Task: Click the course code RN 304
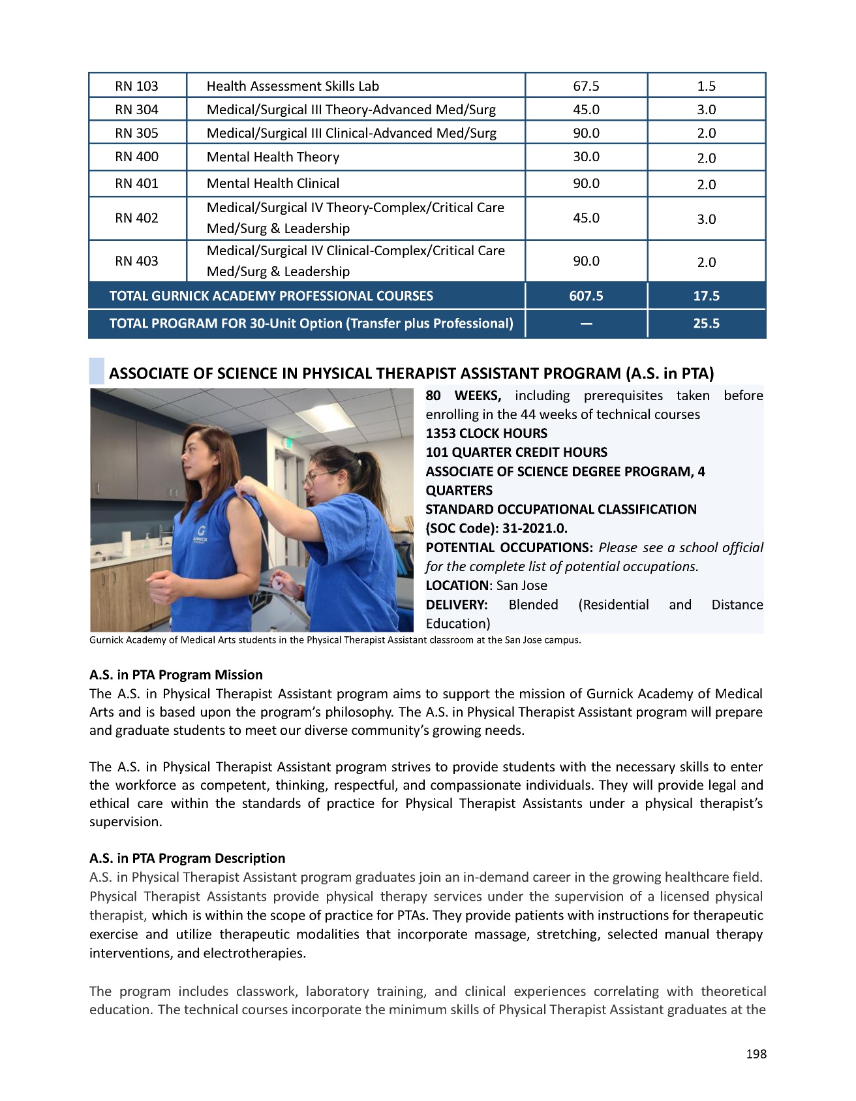pyautogui.click(x=136, y=110)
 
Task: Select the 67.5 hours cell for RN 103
pyautogui.click(x=586, y=86)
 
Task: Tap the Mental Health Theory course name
pyautogui.click(x=273, y=157)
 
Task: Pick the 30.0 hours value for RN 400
pyautogui.click(x=586, y=157)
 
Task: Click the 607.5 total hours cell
pyautogui.click(x=586, y=296)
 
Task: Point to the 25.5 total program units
pyautogui.click(x=706, y=324)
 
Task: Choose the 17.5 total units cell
pyautogui.click(x=706, y=296)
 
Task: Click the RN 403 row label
pyautogui.click(x=136, y=261)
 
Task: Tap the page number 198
pyautogui.click(x=756, y=1054)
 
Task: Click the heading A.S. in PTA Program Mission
pyautogui.click(x=176, y=675)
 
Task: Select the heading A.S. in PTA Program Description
pyautogui.click(x=187, y=858)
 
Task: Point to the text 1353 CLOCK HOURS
pyautogui.click(x=487, y=433)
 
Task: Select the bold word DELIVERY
pyautogui.click(x=457, y=604)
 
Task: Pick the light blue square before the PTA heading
pyautogui.click(x=97, y=371)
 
